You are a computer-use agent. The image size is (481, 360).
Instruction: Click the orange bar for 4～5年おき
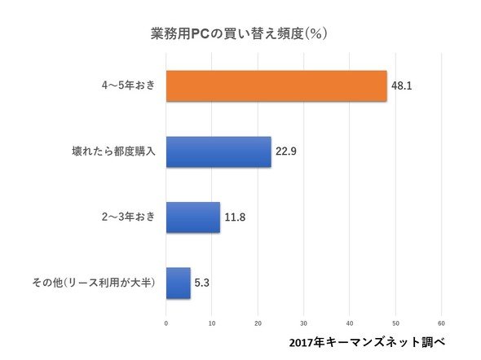276,86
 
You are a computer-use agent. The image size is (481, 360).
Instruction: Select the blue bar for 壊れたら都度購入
218,152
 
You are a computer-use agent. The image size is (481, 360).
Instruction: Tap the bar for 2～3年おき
193,217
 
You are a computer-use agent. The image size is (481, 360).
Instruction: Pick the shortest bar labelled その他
179,283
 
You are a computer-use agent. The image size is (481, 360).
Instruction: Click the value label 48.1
402,86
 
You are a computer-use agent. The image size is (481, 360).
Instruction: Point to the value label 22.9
286,151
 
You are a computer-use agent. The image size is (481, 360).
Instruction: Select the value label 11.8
235,217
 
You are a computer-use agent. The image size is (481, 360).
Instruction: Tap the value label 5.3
202,283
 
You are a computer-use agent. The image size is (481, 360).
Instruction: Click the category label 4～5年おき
129,86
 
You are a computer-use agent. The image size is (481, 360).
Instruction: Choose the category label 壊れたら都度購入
113,151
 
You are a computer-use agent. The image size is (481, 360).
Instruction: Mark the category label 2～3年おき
129,217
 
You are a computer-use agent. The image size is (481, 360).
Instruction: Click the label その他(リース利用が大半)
94,282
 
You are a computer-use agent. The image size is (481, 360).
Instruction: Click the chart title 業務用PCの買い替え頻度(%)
239,33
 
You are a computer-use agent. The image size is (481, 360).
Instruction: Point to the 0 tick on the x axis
166,323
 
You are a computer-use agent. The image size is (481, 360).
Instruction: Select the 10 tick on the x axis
212,323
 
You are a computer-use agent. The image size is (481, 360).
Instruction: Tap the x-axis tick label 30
304,323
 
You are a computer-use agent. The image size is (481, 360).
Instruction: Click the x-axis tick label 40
350,323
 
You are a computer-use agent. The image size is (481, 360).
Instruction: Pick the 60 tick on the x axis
441,323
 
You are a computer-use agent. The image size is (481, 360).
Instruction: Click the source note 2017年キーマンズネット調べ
367,342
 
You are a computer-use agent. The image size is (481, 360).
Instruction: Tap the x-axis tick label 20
258,323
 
